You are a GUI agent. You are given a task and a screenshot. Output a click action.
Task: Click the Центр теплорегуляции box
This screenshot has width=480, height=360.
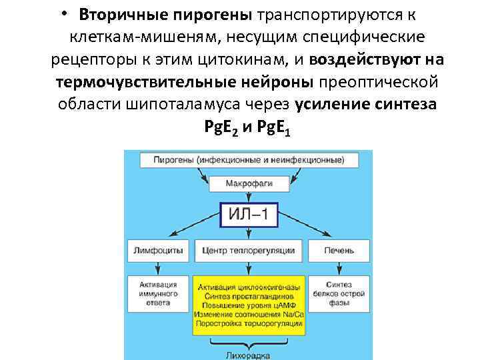pyautogui.click(x=247, y=251)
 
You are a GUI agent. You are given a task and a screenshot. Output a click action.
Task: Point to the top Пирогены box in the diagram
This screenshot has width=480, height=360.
pyautogui.click(x=249, y=160)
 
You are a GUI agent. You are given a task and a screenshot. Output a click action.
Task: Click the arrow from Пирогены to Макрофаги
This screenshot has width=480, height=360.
pyautogui.click(x=248, y=171)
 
